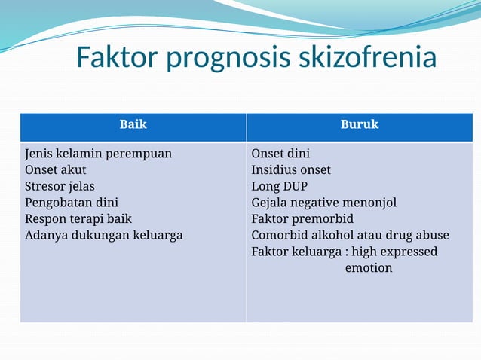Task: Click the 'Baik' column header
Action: click(133, 124)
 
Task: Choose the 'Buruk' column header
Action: click(360, 124)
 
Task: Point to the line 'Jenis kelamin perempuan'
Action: click(98, 154)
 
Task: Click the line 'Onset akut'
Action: click(56, 170)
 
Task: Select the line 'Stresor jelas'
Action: click(60, 186)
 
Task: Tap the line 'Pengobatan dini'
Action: click(72, 203)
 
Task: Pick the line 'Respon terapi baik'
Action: click(78, 218)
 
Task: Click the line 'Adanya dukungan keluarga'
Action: click(104, 235)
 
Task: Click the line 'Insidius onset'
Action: click(291, 170)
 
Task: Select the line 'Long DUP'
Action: click(280, 186)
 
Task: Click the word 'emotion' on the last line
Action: click(369, 267)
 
